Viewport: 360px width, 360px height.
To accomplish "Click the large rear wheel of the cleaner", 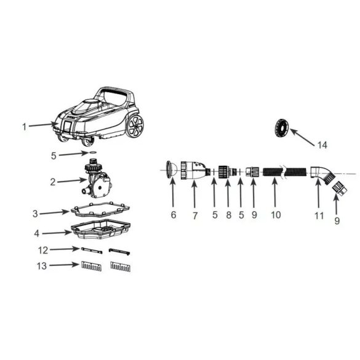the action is coord(135,126).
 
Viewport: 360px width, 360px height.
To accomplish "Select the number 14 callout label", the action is coord(322,145).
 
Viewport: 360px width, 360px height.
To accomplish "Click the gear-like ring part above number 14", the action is coord(281,127).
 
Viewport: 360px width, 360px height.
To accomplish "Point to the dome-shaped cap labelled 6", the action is coord(171,170).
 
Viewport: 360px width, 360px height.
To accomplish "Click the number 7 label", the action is coord(195,215).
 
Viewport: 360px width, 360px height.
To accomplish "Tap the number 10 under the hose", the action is coord(276,215).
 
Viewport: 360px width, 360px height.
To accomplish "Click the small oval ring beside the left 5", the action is coord(92,152).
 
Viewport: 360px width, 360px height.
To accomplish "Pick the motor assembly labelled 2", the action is coord(97,178).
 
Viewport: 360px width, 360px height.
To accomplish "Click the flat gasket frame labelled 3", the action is coord(100,209).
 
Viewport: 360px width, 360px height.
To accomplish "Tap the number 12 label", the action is coord(43,250).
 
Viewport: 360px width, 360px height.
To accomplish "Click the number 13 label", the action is coord(42,266).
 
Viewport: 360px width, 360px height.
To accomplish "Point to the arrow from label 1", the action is coord(44,125).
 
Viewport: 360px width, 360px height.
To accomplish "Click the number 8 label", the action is coord(228,215).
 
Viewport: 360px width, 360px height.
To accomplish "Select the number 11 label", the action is coord(319,215).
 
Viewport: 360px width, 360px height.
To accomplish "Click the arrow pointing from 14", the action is coord(302,137).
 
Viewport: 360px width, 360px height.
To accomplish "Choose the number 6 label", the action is coord(174,215).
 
